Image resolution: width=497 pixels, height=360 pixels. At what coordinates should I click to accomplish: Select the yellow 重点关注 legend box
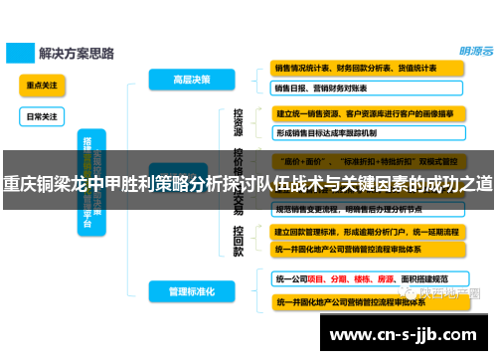pyautogui.click(x=42, y=86)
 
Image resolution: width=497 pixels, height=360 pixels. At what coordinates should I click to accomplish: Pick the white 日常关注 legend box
pyautogui.click(x=42, y=116)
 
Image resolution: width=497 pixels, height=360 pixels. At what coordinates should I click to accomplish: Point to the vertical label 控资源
pyautogui.click(x=238, y=123)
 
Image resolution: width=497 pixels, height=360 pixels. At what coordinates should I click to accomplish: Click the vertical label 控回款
pyautogui.click(x=238, y=241)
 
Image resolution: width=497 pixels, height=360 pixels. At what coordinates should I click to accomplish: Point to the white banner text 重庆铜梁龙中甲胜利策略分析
pyautogui.click(x=248, y=184)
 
